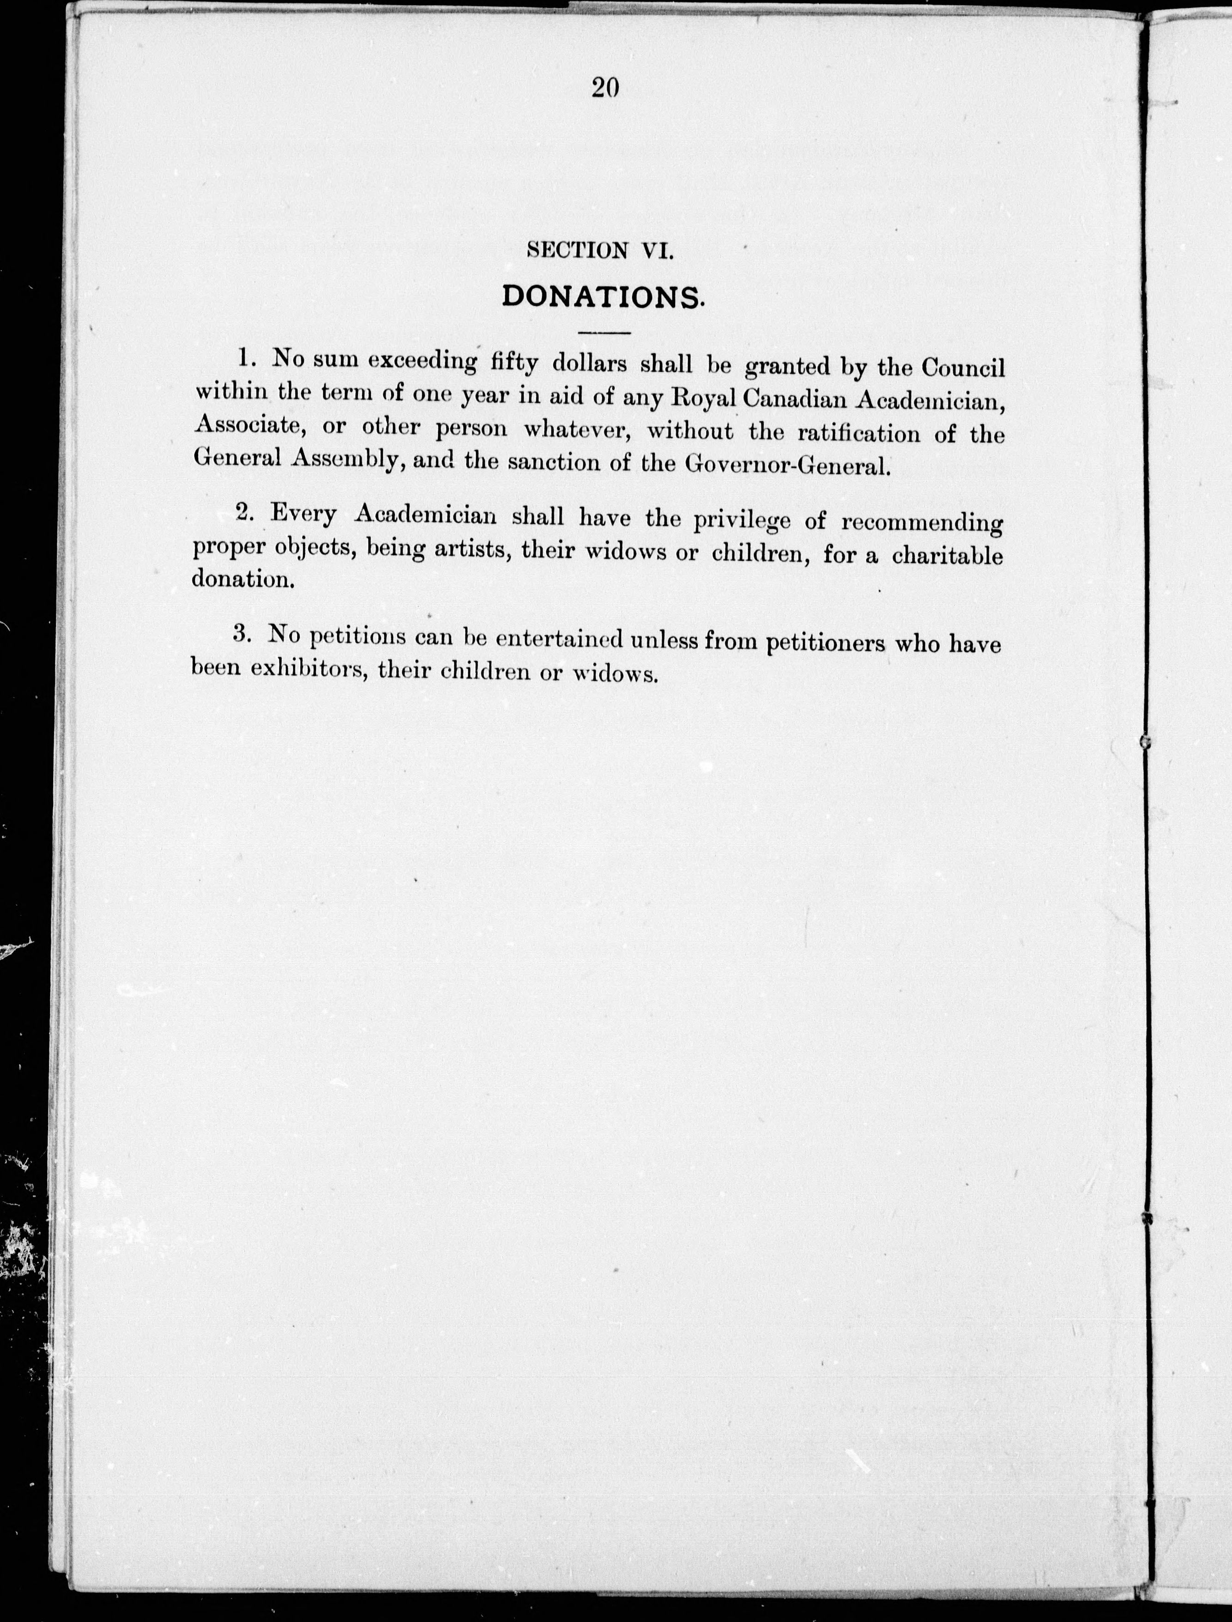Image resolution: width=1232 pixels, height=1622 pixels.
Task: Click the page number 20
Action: pyautogui.click(x=605, y=88)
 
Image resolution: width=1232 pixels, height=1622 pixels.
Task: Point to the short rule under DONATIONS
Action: pyautogui.click(x=604, y=333)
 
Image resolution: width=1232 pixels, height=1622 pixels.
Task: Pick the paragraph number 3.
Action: pyautogui.click(x=242, y=634)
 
